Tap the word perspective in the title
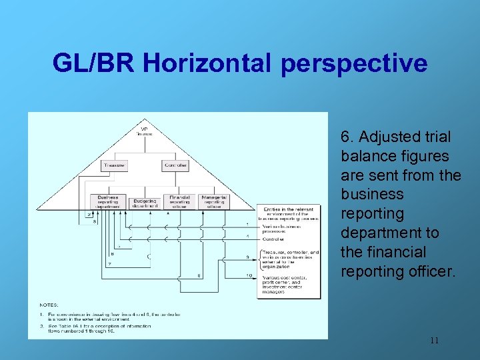tap(354, 64)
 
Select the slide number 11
tap(434, 340)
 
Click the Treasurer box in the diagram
tap(115, 165)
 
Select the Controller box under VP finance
tap(175, 165)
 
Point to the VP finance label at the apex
tap(145, 131)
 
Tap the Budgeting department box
tap(145, 202)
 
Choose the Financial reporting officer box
tap(179, 201)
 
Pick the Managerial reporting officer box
tap(213, 201)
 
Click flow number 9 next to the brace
tap(248, 257)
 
